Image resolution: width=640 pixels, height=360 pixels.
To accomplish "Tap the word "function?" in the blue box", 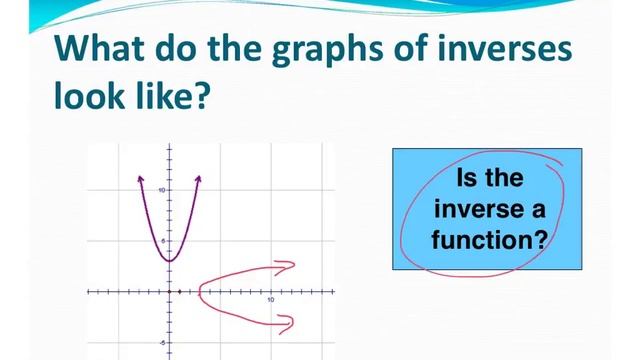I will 489,240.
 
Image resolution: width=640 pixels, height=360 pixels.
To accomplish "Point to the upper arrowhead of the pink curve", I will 291,265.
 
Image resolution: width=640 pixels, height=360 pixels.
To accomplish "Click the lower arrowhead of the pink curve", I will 290,320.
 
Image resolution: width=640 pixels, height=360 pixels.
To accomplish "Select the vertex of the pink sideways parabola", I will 200,292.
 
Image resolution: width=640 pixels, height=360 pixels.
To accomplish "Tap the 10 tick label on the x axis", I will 271,300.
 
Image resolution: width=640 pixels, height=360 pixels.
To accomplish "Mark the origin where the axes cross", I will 169,292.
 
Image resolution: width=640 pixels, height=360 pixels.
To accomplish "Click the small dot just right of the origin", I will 179,292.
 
